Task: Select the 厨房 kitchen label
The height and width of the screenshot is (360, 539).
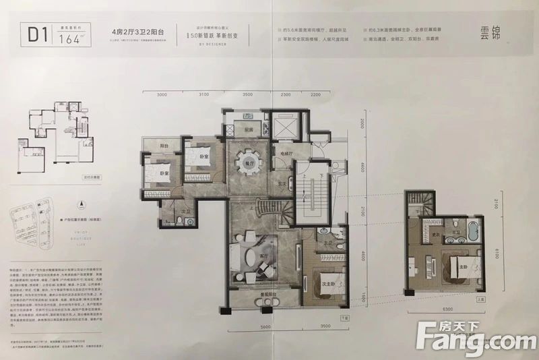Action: [249, 130]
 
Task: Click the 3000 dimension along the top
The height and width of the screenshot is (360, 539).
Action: [162, 95]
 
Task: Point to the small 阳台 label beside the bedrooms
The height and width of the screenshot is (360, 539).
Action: [164, 146]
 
